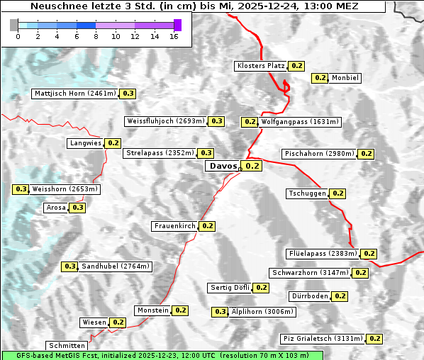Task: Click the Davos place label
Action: click(x=222, y=167)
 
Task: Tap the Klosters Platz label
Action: click(x=260, y=66)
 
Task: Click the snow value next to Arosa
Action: click(x=77, y=208)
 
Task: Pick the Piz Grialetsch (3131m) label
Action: click(x=323, y=339)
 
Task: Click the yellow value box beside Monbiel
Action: click(x=320, y=78)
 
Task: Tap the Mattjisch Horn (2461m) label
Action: click(x=74, y=94)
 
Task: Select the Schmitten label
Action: click(x=68, y=346)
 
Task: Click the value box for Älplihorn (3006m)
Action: click(x=221, y=312)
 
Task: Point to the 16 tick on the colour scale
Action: click(x=174, y=35)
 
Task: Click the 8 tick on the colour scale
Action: click(x=95, y=35)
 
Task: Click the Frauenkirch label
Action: click(x=174, y=226)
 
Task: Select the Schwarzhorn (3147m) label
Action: click(x=311, y=273)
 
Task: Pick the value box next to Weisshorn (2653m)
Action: click(x=21, y=189)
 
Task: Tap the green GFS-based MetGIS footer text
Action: click(x=162, y=355)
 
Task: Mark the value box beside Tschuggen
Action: click(x=338, y=193)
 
